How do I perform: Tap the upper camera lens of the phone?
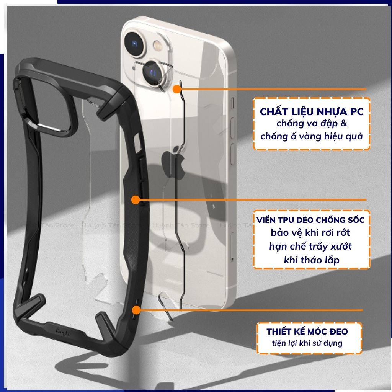[x=136, y=44]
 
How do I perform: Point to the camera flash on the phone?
[x=157, y=47]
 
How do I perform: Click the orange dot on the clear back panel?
[x=176, y=90]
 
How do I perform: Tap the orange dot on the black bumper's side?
[x=135, y=199]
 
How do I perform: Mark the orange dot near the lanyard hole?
[x=136, y=310]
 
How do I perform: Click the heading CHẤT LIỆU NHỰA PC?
[x=311, y=112]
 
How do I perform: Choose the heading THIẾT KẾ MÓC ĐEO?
[x=308, y=331]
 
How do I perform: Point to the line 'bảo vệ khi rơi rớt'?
[x=310, y=232]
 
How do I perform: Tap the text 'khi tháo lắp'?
[x=311, y=260]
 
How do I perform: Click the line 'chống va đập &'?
[x=312, y=124]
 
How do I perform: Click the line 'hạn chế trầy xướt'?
[x=310, y=246]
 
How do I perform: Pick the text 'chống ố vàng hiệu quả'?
[x=311, y=136]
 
